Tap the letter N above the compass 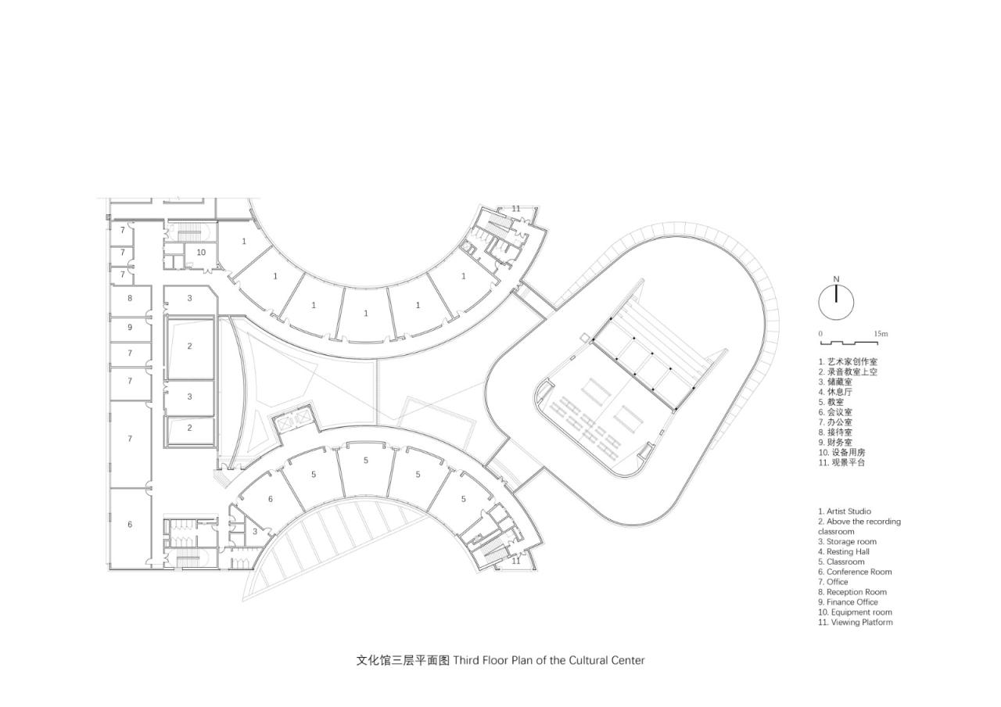(836, 279)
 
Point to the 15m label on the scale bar (881, 334)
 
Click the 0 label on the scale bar (820, 334)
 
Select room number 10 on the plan (201, 253)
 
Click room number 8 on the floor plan (130, 298)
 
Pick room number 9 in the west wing (130, 327)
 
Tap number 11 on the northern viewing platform (516, 209)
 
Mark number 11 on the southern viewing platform (516, 561)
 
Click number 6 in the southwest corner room (130, 524)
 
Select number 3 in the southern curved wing (255, 531)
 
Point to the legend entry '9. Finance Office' (848, 602)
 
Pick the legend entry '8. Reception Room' (852, 592)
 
